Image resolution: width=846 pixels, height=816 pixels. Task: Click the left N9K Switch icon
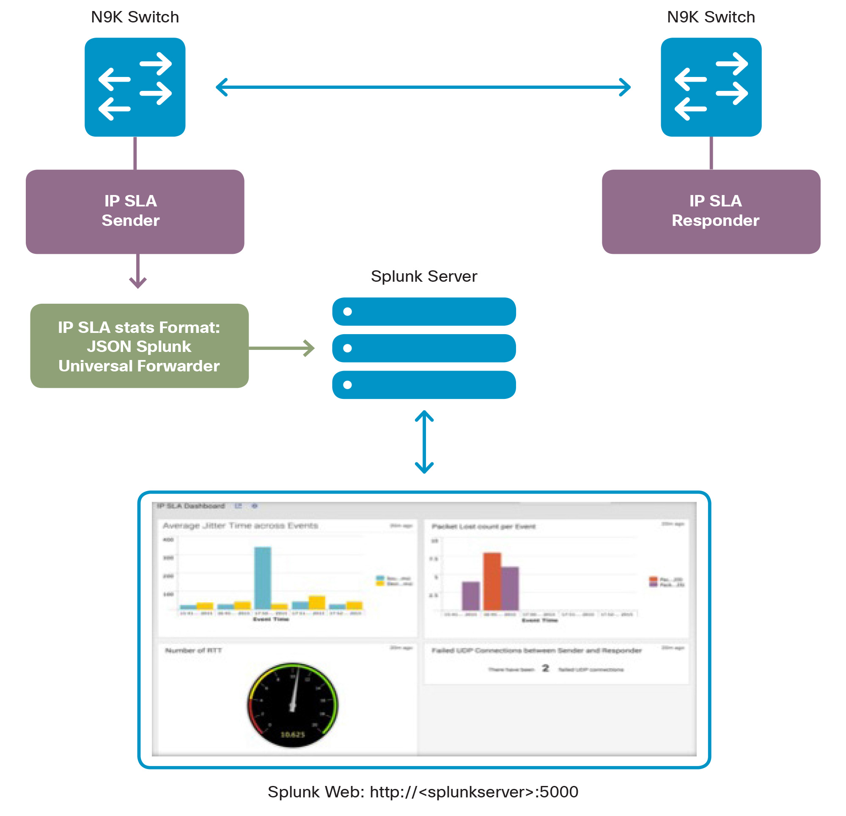click(x=135, y=87)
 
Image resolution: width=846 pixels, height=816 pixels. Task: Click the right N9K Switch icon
click(x=711, y=87)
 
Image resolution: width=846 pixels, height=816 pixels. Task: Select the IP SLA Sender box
click(x=135, y=211)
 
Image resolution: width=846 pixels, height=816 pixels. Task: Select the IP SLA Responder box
click(x=711, y=211)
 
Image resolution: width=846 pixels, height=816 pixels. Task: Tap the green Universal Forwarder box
click(x=139, y=346)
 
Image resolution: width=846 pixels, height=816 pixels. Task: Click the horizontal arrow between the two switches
click(x=423, y=87)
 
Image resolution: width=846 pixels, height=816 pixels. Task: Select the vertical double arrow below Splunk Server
click(x=424, y=442)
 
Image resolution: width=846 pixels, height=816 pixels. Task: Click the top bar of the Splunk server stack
click(x=424, y=311)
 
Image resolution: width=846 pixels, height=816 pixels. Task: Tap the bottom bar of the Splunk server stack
click(x=424, y=385)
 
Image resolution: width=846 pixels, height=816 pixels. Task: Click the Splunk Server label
click(x=424, y=276)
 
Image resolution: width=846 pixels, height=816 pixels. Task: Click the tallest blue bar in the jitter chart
click(x=262, y=578)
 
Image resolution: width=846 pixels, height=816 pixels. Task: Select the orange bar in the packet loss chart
click(x=492, y=581)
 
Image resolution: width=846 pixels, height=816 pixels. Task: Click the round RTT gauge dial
click(x=292, y=705)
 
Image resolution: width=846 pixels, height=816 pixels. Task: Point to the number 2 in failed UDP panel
click(x=546, y=668)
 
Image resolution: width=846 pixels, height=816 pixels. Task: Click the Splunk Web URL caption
click(x=423, y=792)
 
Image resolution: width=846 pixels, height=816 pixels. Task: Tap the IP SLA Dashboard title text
click(x=191, y=506)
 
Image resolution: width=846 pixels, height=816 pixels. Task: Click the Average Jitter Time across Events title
click(x=240, y=525)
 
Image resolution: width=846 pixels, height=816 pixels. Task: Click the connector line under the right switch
click(x=711, y=153)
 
